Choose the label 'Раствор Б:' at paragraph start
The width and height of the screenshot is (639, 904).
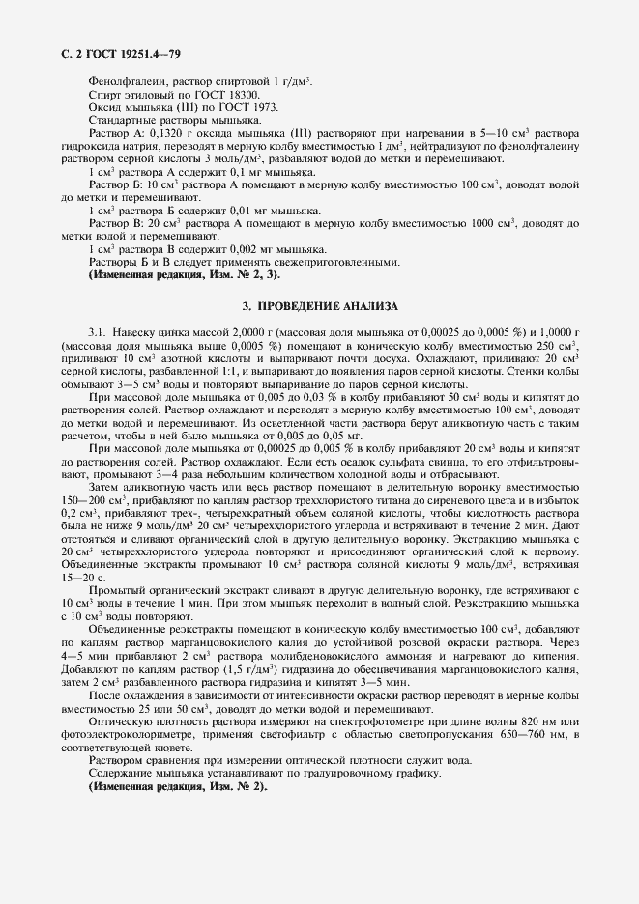[116, 184]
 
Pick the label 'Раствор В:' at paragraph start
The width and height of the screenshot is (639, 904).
[116, 221]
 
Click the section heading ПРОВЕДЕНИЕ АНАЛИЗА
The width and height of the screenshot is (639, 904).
[320, 305]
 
